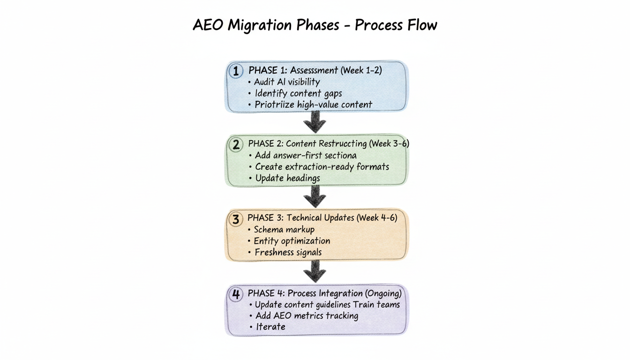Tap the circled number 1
pyautogui.click(x=236, y=71)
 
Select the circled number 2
pyautogui.click(x=236, y=144)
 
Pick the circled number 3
pyautogui.click(x=236, y=219)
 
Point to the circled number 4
pyautogui.click(x=236, y=294)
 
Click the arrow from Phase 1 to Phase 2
pyautogui.click(x=315, y=123)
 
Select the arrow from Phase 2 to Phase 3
pyautogui.click(x=315, y=197)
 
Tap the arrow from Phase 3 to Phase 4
pyautogui.click(x=315, y=271)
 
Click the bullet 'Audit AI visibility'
pyautogui.click(x=287, y=82)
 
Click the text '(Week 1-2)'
pyautogui.click(x=361, y=70)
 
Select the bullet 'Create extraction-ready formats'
pyautogui.click(x=322, y=166)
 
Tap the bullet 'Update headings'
pyautogui.click(x=287, y=178)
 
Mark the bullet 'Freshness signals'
pyautogui.click(x=288, y=252)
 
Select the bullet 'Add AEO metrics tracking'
pyautogui.click(x=307, y=315)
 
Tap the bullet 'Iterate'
pyautogui.click(x=270, y=327)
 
